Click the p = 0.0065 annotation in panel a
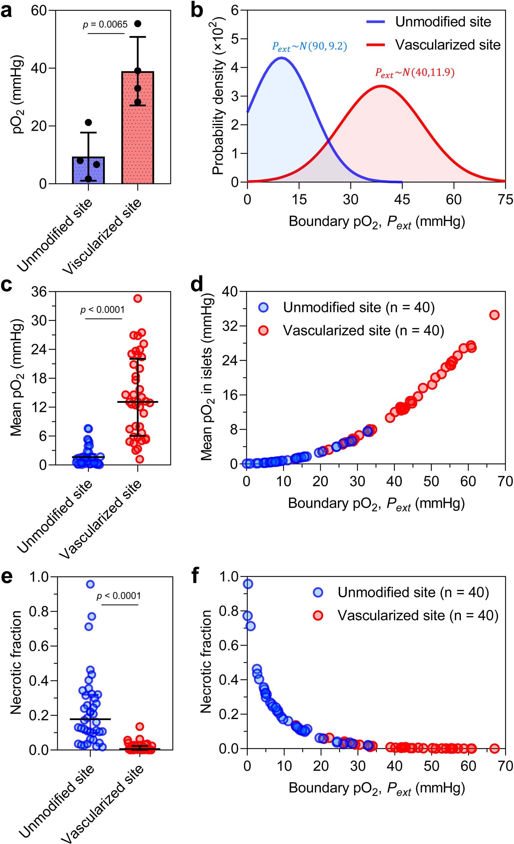coord(105,24)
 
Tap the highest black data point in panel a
coord(137,24)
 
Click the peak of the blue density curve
coord(281,58)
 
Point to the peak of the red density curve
coord(381,86)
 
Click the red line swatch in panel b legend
coord(376,45)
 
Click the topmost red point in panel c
coord(137,298)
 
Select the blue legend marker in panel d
coord(263,308)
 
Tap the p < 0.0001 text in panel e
coord(119,596)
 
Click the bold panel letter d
coord(197,285)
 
